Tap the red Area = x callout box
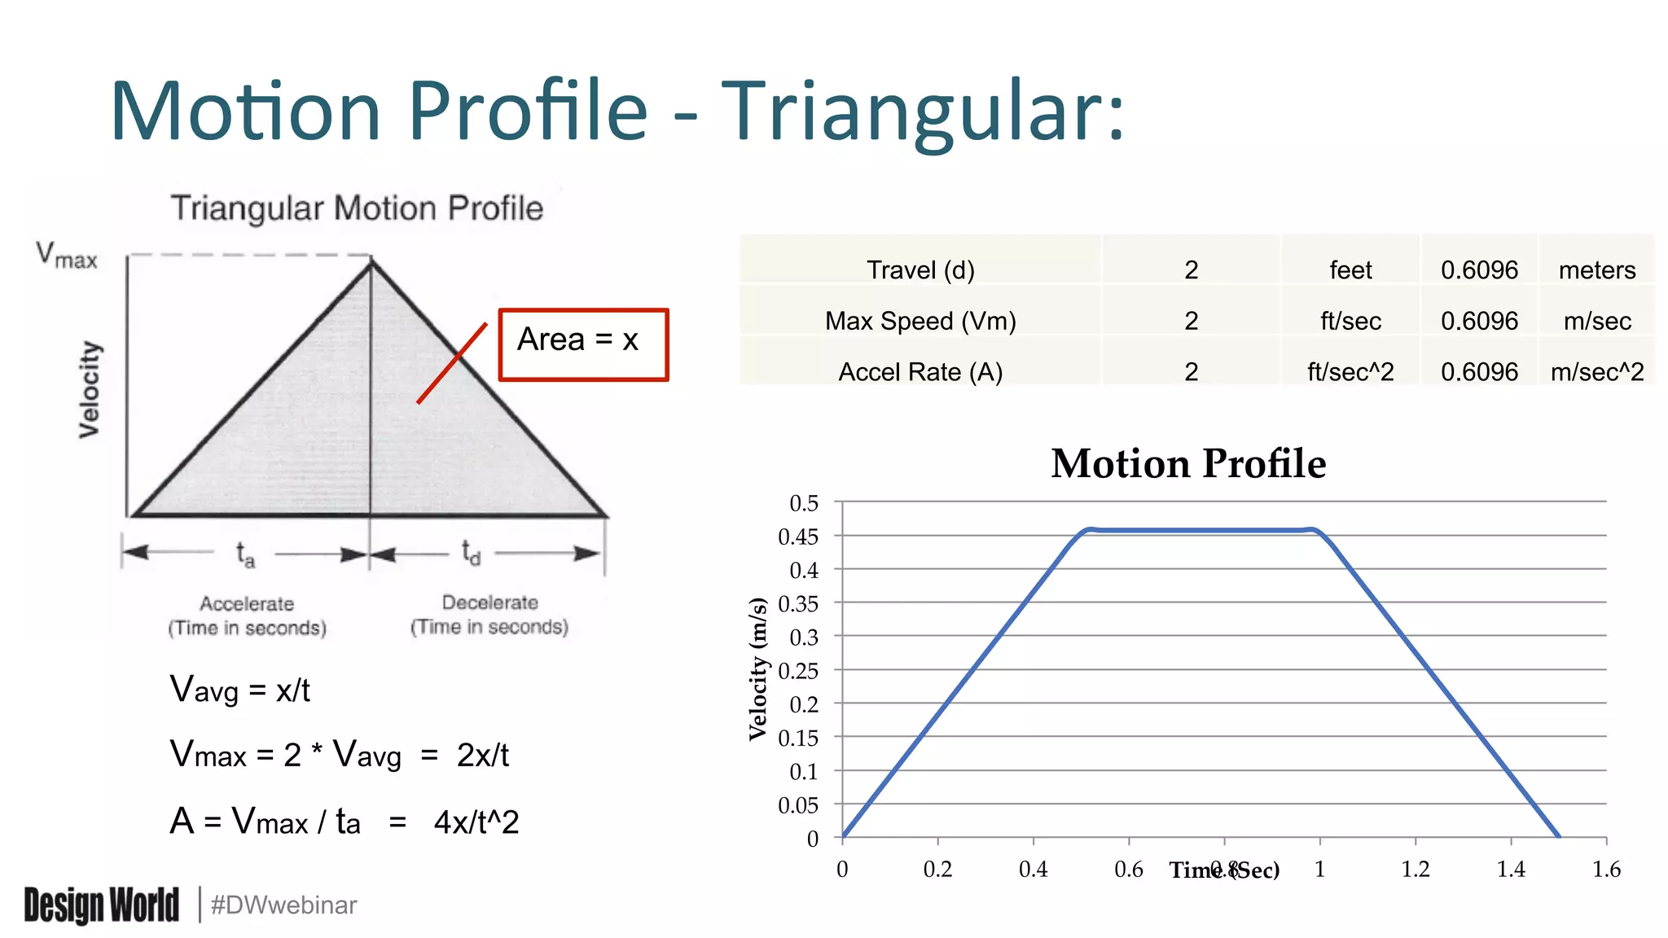583,344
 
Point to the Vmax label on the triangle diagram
67,255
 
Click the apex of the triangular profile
371,261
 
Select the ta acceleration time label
245,554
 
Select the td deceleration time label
471,552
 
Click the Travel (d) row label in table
920,270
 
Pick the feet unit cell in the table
1350,270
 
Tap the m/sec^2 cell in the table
1596,372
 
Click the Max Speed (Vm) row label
920,321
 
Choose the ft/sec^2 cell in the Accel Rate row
1350,372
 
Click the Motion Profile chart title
1188,463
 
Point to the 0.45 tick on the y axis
798,537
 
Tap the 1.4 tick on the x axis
1511,870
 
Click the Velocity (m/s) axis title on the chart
758,668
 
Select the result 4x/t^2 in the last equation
476,822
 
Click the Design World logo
101,905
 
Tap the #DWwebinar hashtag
283,905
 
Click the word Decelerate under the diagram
489,603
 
